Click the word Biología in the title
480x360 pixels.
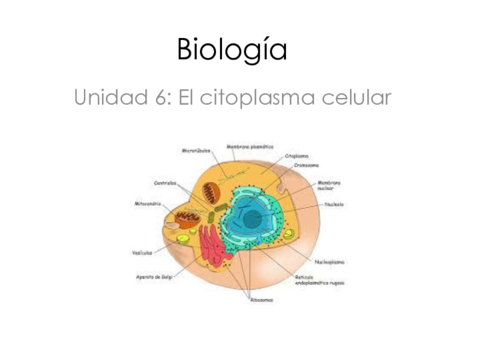coord(231,50)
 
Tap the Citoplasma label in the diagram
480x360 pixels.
coord(296,156)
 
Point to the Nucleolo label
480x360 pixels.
coord(334,204)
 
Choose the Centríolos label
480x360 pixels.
coord(166,182)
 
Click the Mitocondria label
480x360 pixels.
coord(148,203)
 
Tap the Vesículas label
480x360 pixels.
coord(142,252)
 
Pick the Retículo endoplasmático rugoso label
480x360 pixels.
coord(319,280)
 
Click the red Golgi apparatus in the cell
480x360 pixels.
coord(210,246)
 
